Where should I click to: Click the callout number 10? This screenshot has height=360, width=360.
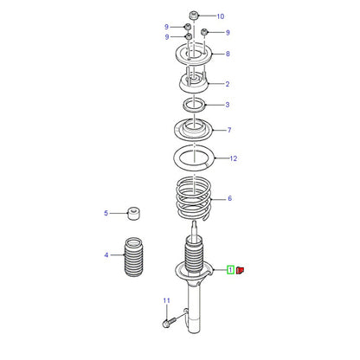(x=221, y=16)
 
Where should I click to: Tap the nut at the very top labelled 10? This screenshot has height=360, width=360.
(x=194, y=15)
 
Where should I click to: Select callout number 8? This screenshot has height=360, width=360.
(x=228, y=54)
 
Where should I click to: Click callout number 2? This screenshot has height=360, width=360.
(x=228, y=84)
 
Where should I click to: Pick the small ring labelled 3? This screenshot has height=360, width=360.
(x=195, y=105)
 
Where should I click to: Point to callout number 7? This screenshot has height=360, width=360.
(x=229, y=130)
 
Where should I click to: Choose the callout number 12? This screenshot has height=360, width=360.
(x=233, y=158)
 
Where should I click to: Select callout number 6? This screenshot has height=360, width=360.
(x=229, y=198)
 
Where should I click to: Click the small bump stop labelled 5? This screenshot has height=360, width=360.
(x=133, y=213)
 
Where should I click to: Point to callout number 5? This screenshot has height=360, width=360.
(x=106, y=213)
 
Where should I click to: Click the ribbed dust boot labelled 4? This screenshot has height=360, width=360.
(x=133, y=257)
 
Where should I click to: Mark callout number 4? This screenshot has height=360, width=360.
(x=106, y=255)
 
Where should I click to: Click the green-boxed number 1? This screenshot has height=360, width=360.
(x=230, y=270)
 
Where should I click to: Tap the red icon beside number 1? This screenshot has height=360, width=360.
(x=240, y=270)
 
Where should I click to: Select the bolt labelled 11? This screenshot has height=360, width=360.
(x=169, y=322)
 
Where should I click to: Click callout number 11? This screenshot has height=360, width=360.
(x=166, y=301)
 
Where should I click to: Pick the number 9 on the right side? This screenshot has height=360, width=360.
(x=228, y=33)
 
